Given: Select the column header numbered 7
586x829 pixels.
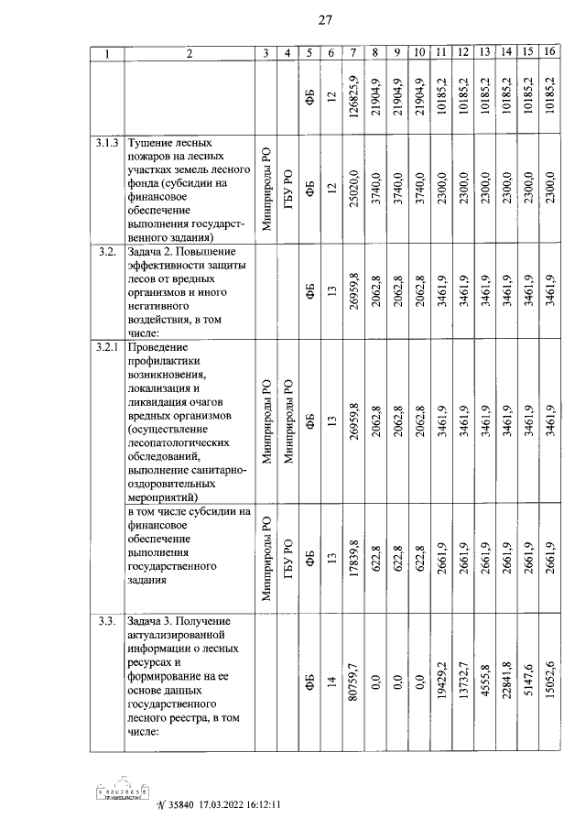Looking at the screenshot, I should point(353,53).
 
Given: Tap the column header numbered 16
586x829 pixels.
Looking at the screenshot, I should point(549,53).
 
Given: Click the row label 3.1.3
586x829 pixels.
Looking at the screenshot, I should point(108,144).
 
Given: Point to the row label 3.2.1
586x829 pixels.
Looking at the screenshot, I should point(108,348).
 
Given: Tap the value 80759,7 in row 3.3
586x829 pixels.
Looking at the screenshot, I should point(353,681).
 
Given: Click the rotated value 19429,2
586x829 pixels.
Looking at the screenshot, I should point(443,681).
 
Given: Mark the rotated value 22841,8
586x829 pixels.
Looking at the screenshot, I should point(505,681).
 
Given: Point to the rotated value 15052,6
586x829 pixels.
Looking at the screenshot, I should point(550,681).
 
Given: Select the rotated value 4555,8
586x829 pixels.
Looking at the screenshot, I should point(485,681).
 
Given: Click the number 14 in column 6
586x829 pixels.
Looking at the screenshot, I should point(331,681).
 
